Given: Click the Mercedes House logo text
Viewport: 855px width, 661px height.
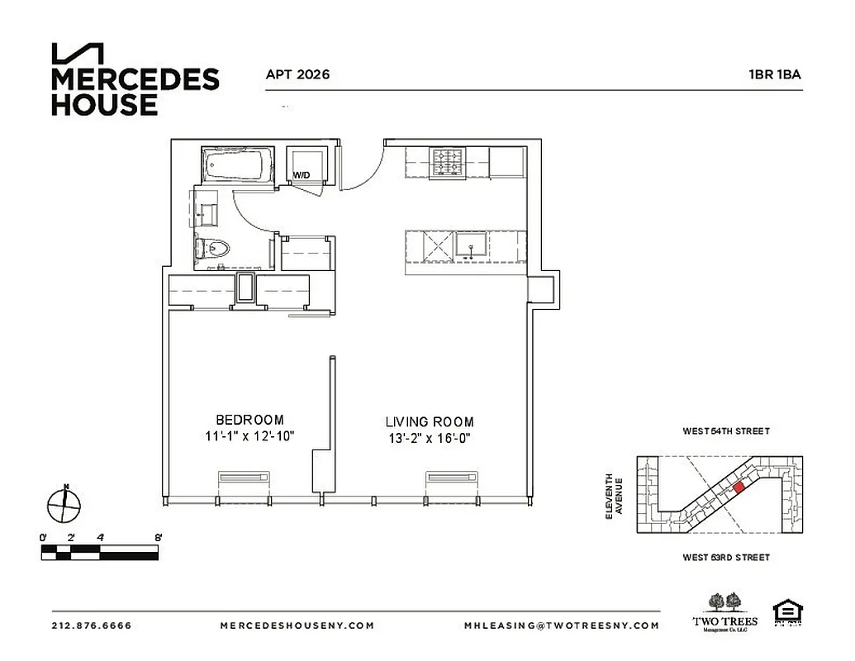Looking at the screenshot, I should (135, 91).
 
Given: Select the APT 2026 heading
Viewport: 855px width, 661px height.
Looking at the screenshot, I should (297, 74).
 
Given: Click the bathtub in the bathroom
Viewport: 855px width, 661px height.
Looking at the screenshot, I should (237, 165).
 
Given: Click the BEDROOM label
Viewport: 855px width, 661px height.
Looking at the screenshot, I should (249, 420).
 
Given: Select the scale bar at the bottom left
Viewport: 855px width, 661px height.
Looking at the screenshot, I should (99, 551).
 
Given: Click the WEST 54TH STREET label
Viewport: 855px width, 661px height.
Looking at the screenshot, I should (726, 431).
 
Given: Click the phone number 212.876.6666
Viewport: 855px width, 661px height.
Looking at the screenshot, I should (92, 625).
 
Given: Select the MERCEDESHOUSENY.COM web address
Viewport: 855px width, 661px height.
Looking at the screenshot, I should (297, 625).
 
